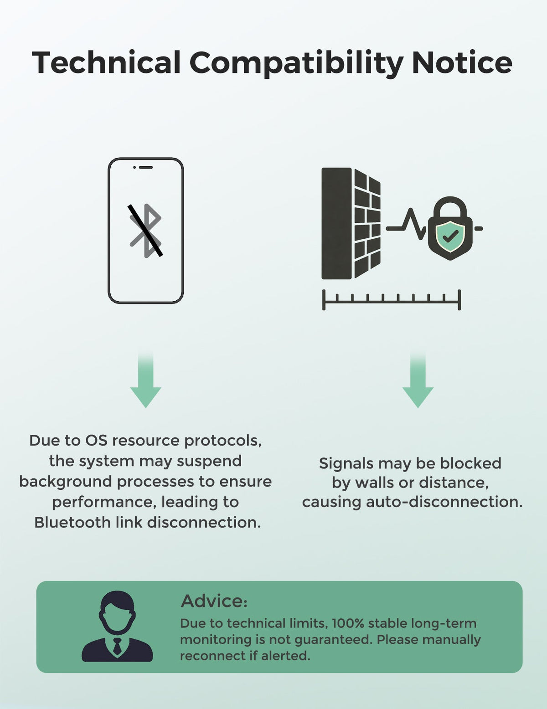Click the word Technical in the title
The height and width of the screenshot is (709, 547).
[x=106, y=62]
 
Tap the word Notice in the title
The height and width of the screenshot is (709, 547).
[x=462, y=62]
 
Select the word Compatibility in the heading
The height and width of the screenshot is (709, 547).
[x=296, y=64]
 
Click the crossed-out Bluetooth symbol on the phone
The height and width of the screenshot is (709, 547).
[x=145, y=231]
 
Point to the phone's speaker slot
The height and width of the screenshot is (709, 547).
[x=146, y=167]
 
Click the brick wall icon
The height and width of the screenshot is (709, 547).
[x=351, y=224]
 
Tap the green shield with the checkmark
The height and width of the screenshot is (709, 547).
[x=450, y=236]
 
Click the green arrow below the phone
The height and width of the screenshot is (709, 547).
[x=145, y=380]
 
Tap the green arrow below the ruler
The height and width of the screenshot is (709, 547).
[x=418, y=380]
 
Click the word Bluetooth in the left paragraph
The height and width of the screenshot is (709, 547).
[x=72, y=522]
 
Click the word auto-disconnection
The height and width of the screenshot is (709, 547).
[x=444, y=502]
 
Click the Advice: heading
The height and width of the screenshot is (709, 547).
[x=214, y=601]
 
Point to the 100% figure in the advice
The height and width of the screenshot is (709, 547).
[x=348, y=623]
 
